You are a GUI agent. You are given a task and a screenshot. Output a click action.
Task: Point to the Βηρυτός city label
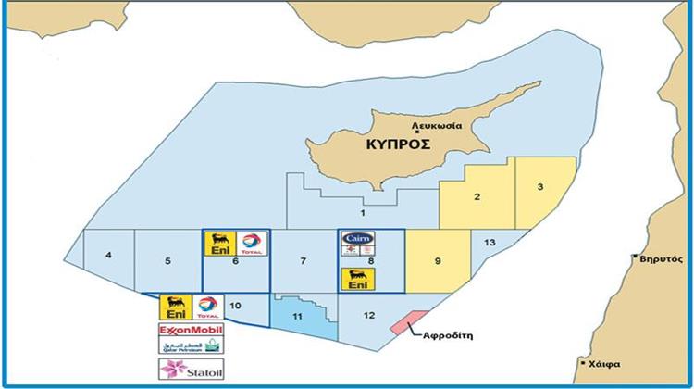coord(663,259)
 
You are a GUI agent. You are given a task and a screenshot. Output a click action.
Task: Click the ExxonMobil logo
coord(192,330)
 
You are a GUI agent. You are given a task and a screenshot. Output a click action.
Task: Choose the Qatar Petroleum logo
coord(192,348)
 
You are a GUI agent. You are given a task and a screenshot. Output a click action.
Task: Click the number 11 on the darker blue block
coord(298,317)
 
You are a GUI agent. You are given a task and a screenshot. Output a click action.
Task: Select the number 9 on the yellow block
coord(437,260)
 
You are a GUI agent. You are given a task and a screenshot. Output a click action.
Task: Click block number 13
coord(490,243)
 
